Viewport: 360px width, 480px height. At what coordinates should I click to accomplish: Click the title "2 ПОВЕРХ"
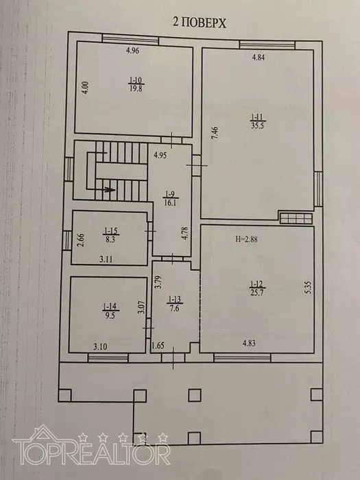[x=200, y=23]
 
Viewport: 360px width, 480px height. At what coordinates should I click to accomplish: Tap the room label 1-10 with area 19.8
[x=136, y=84]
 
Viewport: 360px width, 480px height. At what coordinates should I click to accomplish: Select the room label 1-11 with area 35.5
[x=257, y=121]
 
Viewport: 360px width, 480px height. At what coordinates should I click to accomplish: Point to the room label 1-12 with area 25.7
[x=257, y=288]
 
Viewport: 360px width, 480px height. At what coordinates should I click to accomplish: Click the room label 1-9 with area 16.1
[x=170, y=198]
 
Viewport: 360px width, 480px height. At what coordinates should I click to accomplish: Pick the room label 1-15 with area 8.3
[x=110, y=235]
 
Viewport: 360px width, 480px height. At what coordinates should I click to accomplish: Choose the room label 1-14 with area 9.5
[x=110, y=311]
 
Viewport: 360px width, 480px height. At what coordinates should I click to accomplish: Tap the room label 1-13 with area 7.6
[x=175, y=303]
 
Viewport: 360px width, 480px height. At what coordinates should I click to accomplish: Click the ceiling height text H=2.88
[x=246, y=239]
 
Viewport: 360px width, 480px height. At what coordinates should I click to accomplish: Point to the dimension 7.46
[x=215, y=133]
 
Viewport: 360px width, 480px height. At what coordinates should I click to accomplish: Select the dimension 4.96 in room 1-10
[x=132, y=51]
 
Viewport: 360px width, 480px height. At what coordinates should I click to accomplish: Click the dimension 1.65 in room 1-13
[x=158, y=346]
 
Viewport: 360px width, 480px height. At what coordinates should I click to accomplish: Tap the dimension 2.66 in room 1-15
[x=80, y=240]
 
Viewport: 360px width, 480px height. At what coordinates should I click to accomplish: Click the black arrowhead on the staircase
[x=109, y=189]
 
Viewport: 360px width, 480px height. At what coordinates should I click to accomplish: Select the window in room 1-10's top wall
[x=130, y=40]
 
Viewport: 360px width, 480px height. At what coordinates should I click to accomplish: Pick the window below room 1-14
[x=108, y=357]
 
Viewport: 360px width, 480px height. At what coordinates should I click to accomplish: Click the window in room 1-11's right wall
[x=318, y=189]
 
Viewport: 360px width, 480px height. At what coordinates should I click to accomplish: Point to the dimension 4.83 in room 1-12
[x=249, y=343]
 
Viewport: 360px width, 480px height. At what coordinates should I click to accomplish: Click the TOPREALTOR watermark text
[x=91, y=451]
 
